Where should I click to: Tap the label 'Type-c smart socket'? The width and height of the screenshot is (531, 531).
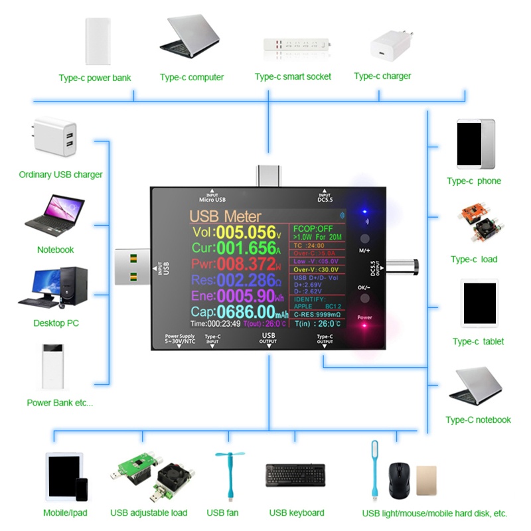(293, 77)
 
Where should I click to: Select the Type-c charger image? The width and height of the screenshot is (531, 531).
(392, 42)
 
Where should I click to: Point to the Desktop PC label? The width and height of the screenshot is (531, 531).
(56, 323)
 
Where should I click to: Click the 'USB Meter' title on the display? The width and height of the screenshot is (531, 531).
(225, 216)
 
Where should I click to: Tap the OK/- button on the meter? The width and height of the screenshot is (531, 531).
(364, 298)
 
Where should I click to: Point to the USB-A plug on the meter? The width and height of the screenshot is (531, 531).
(135, 267)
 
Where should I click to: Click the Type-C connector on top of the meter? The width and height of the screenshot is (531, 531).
(269, 175)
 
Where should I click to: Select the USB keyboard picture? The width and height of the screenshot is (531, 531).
(296, 476)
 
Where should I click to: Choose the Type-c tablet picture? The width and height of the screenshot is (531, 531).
(479, 303)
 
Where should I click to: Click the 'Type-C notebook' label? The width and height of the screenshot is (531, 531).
(478, 420)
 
